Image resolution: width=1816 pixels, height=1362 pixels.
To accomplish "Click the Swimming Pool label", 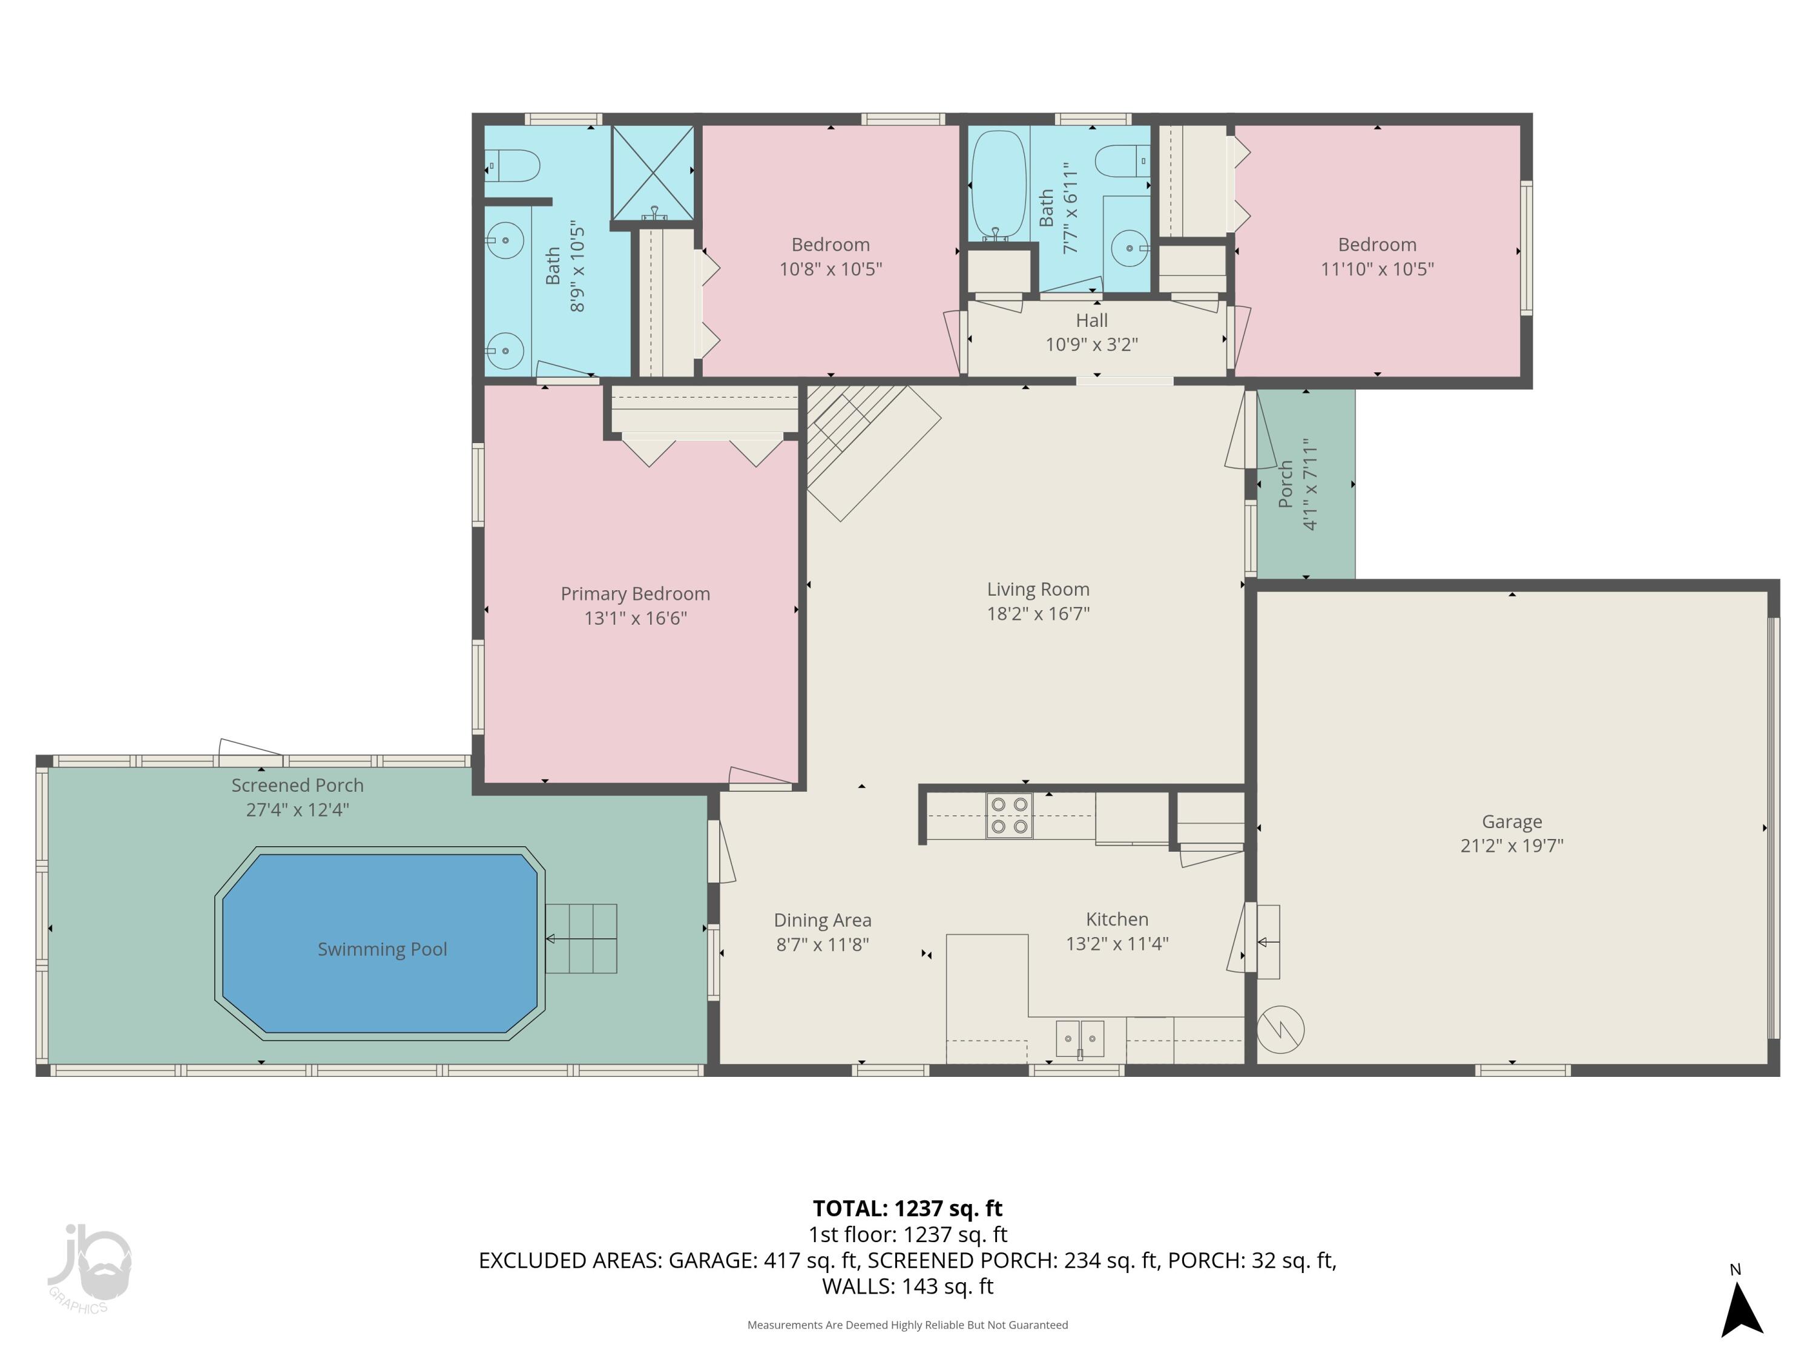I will [x=382, y=949].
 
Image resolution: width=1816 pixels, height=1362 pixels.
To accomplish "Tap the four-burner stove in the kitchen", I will [x=1009, y=815].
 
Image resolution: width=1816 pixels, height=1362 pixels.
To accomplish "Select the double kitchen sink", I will [x=1079, y=1039].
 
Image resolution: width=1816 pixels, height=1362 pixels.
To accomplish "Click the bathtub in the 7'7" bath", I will [x=998, y=184].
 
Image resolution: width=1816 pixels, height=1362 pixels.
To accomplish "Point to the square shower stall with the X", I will [x=653, y=173].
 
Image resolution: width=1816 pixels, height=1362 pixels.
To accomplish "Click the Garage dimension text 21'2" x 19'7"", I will [x=1512, y=846].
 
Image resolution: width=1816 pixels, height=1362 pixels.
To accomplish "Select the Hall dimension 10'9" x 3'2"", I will [x=1091, y=345].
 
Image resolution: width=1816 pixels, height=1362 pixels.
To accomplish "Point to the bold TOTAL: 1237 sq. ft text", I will [x=907, y=1208].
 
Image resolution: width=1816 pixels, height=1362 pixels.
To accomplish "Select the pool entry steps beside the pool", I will [x=581, y=938].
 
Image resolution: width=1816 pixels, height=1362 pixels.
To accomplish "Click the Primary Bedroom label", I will [x=634, y=594].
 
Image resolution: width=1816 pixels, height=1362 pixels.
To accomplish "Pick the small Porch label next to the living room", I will [x=1286, y=484].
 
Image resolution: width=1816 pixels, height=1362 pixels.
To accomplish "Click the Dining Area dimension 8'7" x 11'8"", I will [x=822, y=945].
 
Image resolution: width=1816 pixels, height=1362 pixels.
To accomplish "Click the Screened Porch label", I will [x=297, y=785].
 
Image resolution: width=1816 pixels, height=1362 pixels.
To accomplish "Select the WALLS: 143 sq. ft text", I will [x=907, y=1286].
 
